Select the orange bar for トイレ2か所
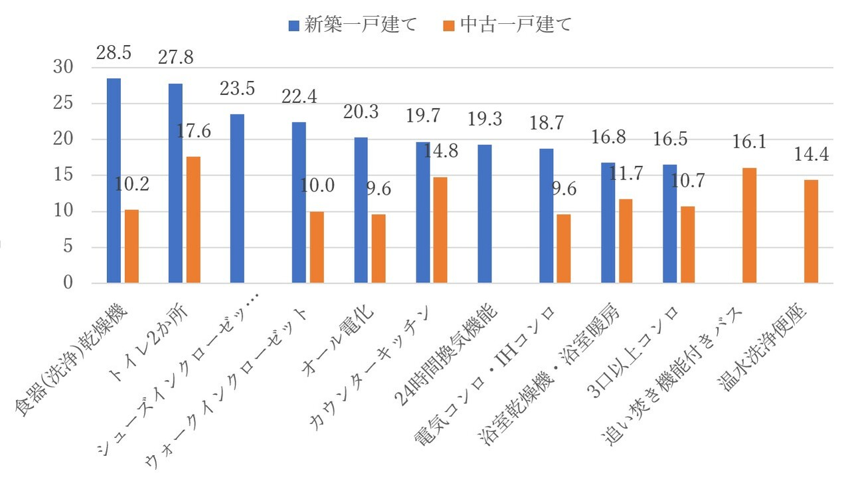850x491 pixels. (193, 220)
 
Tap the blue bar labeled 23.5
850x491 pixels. (237, 199)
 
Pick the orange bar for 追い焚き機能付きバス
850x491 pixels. (749, 226)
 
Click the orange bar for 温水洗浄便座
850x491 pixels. (811, 232)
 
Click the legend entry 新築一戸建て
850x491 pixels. (353, 25)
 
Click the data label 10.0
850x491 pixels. (317, 187)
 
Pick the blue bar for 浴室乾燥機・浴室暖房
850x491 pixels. (608, 223)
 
